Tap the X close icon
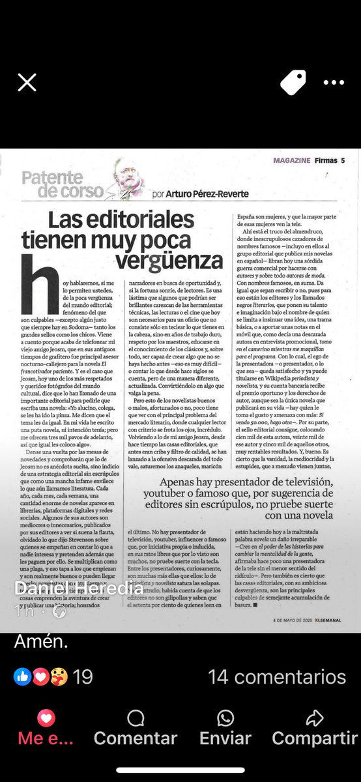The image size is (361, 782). tap(27, 82)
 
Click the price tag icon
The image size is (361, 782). tap(293, 82)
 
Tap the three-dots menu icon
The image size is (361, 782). tap(333, 83)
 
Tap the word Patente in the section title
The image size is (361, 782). tap(50, 177)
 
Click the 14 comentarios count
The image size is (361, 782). tap(277, 677)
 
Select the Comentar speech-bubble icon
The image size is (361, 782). tap(136, 719)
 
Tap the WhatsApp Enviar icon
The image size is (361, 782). tap(225, 719)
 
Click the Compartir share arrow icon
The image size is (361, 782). tap(315, 719)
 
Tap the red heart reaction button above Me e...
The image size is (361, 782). tap(46, 719)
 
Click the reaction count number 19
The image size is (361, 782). tap(83, 677)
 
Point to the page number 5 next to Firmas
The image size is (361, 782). tap(342, 160)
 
